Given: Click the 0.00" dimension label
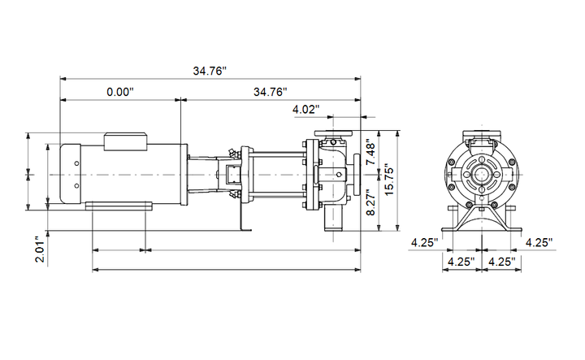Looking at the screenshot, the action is coord(120,92).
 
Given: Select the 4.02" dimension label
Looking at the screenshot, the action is coord(306,110).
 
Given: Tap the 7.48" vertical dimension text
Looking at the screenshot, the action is coord(371,152).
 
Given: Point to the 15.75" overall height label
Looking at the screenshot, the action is coord(389,180).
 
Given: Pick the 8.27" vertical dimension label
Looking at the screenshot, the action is coord(371,202).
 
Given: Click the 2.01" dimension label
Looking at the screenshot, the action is coord(41,249).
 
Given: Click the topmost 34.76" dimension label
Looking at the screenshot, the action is coord(210,71).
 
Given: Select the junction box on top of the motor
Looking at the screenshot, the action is coord(125,141).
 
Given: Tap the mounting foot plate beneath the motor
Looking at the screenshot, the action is coord(119,206).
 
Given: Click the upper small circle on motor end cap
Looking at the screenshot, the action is coord(76,163).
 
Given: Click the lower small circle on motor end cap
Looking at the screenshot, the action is coord(76,185).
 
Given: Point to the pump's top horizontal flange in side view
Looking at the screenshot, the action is coord(333,133).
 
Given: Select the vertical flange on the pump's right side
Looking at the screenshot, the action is coord(357,175).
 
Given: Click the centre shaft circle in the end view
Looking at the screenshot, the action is coord(482,175).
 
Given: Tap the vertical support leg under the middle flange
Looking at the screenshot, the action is coord(242,216).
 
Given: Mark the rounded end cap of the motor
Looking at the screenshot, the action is coord(71,174).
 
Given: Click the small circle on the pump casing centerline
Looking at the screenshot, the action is coord(339,174).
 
